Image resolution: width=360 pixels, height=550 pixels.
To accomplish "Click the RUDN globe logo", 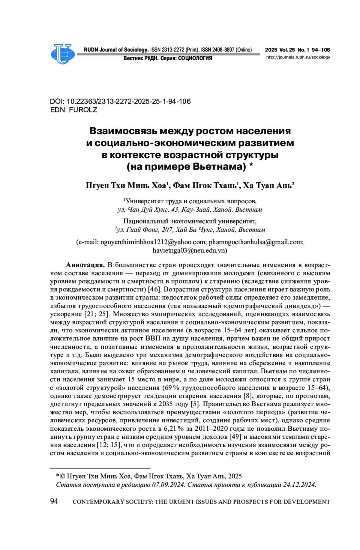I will (x=63, y=54).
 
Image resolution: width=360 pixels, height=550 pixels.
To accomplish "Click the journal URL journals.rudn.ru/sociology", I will (x=298, y=57).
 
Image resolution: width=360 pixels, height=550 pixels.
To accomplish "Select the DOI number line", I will (x=120, y=101).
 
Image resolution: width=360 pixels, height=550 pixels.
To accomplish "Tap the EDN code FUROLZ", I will (x=83, y=110).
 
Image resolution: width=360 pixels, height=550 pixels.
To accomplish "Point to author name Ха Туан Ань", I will (x=267, y=186).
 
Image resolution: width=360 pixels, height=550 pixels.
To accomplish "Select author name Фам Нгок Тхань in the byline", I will (x=205, y=186).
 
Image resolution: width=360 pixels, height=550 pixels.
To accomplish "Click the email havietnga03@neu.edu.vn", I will (x=190, y=250).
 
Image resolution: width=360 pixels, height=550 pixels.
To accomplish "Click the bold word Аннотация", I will (x=85, y=265).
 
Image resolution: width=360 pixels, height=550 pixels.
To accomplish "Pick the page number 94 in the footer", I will (x=54, y=501).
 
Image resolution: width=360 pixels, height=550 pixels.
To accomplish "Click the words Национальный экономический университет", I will (x=190, y=221).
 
